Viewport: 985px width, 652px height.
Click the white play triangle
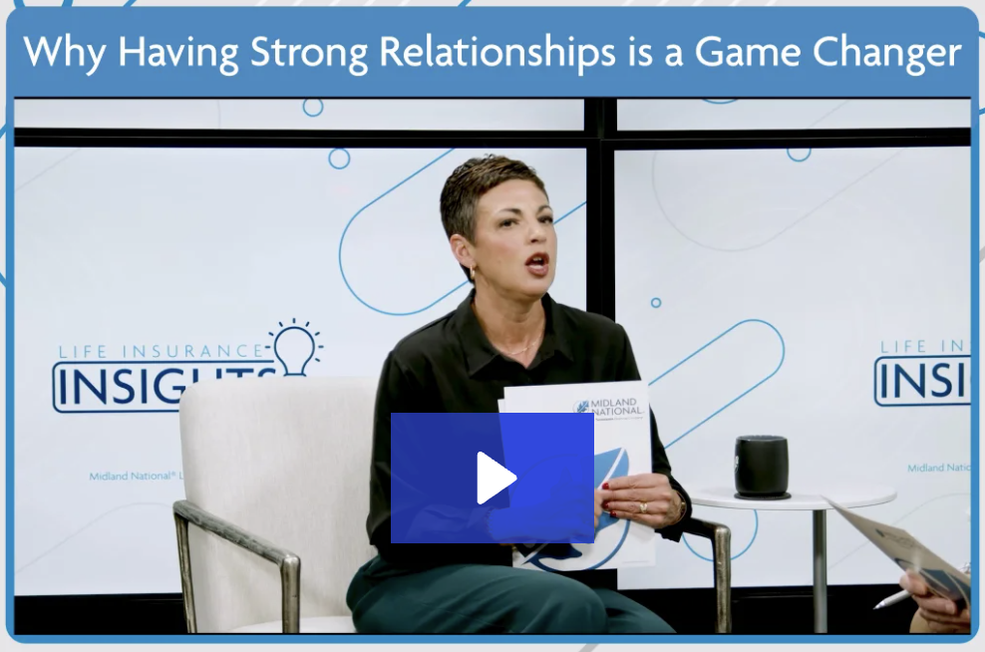pos(494,479)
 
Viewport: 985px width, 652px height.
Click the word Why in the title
pos(62,52)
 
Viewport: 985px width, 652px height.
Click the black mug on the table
pos(762,466)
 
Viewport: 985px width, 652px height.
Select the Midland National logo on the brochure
pos(609,408)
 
